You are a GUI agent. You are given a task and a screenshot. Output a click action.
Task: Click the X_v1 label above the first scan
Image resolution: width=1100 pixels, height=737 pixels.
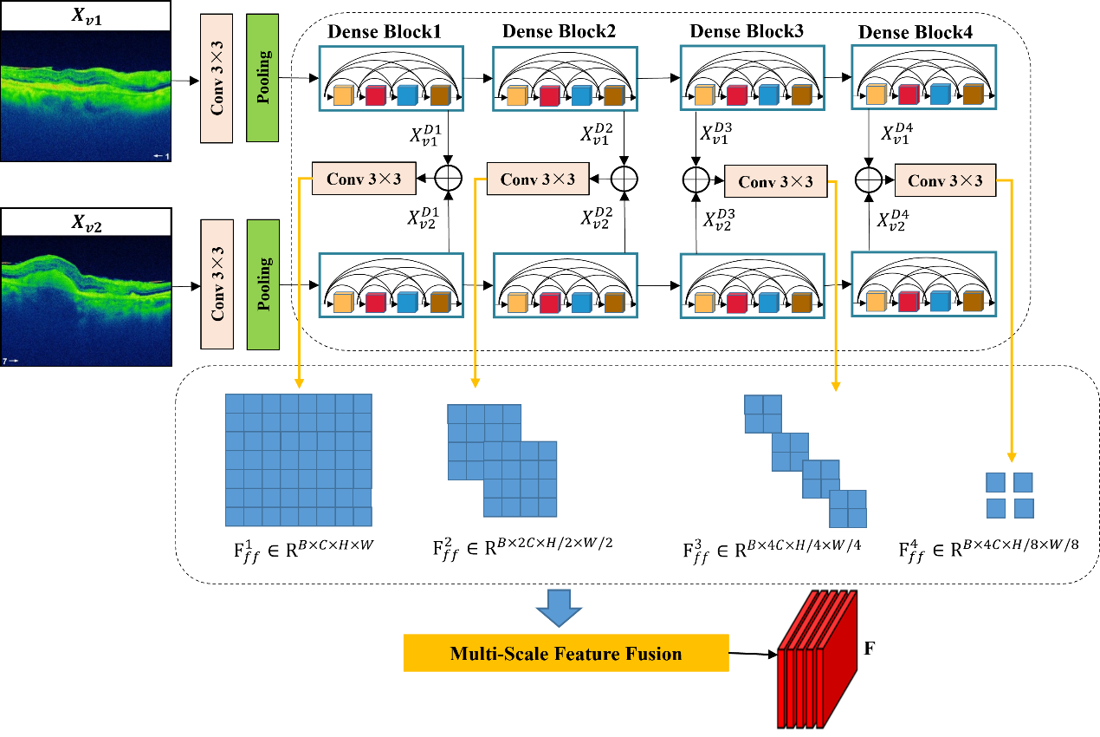pos(86,16)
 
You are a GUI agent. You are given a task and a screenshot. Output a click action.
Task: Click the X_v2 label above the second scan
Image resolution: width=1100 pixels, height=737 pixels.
pos(86,223)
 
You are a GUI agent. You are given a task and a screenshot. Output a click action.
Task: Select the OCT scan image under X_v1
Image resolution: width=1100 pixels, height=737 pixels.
pos(86,95)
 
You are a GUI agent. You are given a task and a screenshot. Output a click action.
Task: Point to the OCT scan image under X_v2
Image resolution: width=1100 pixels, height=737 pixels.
pos(86,300)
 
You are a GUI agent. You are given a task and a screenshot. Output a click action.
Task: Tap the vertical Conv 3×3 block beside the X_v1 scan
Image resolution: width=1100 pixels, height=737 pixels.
pos(217,78)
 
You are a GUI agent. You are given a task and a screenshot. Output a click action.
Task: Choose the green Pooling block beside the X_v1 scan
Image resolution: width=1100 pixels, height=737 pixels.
pos(262,78)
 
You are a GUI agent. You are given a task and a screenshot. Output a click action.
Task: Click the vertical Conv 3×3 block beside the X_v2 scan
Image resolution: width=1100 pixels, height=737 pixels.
pos(217,284)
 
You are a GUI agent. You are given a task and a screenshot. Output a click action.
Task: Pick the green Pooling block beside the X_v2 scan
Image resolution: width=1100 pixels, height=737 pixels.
pos(262,284)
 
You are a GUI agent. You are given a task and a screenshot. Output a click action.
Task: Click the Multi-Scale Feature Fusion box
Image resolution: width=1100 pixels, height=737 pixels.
pos(566,654)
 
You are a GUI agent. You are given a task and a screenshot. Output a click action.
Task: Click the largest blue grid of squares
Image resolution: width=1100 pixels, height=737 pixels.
pos(298,460)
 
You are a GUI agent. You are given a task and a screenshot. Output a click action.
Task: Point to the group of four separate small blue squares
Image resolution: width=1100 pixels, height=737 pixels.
pos(1010,495)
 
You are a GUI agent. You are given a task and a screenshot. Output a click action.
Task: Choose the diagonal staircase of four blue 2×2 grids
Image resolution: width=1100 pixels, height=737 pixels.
pos(805,461)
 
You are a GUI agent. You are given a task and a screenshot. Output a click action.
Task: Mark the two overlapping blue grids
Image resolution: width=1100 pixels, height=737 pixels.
pos(502,460)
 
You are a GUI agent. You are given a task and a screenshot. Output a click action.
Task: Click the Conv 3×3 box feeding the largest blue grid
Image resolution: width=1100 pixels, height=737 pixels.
pos(364,179)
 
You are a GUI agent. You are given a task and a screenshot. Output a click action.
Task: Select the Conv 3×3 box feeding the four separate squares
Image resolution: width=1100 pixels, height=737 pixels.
pos(945,180)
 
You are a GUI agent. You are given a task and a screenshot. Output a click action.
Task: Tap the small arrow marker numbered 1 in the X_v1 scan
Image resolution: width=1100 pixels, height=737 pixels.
pos(161,156)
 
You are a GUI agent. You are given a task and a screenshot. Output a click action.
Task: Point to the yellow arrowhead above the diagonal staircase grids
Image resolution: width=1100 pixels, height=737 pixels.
pos(835,386)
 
